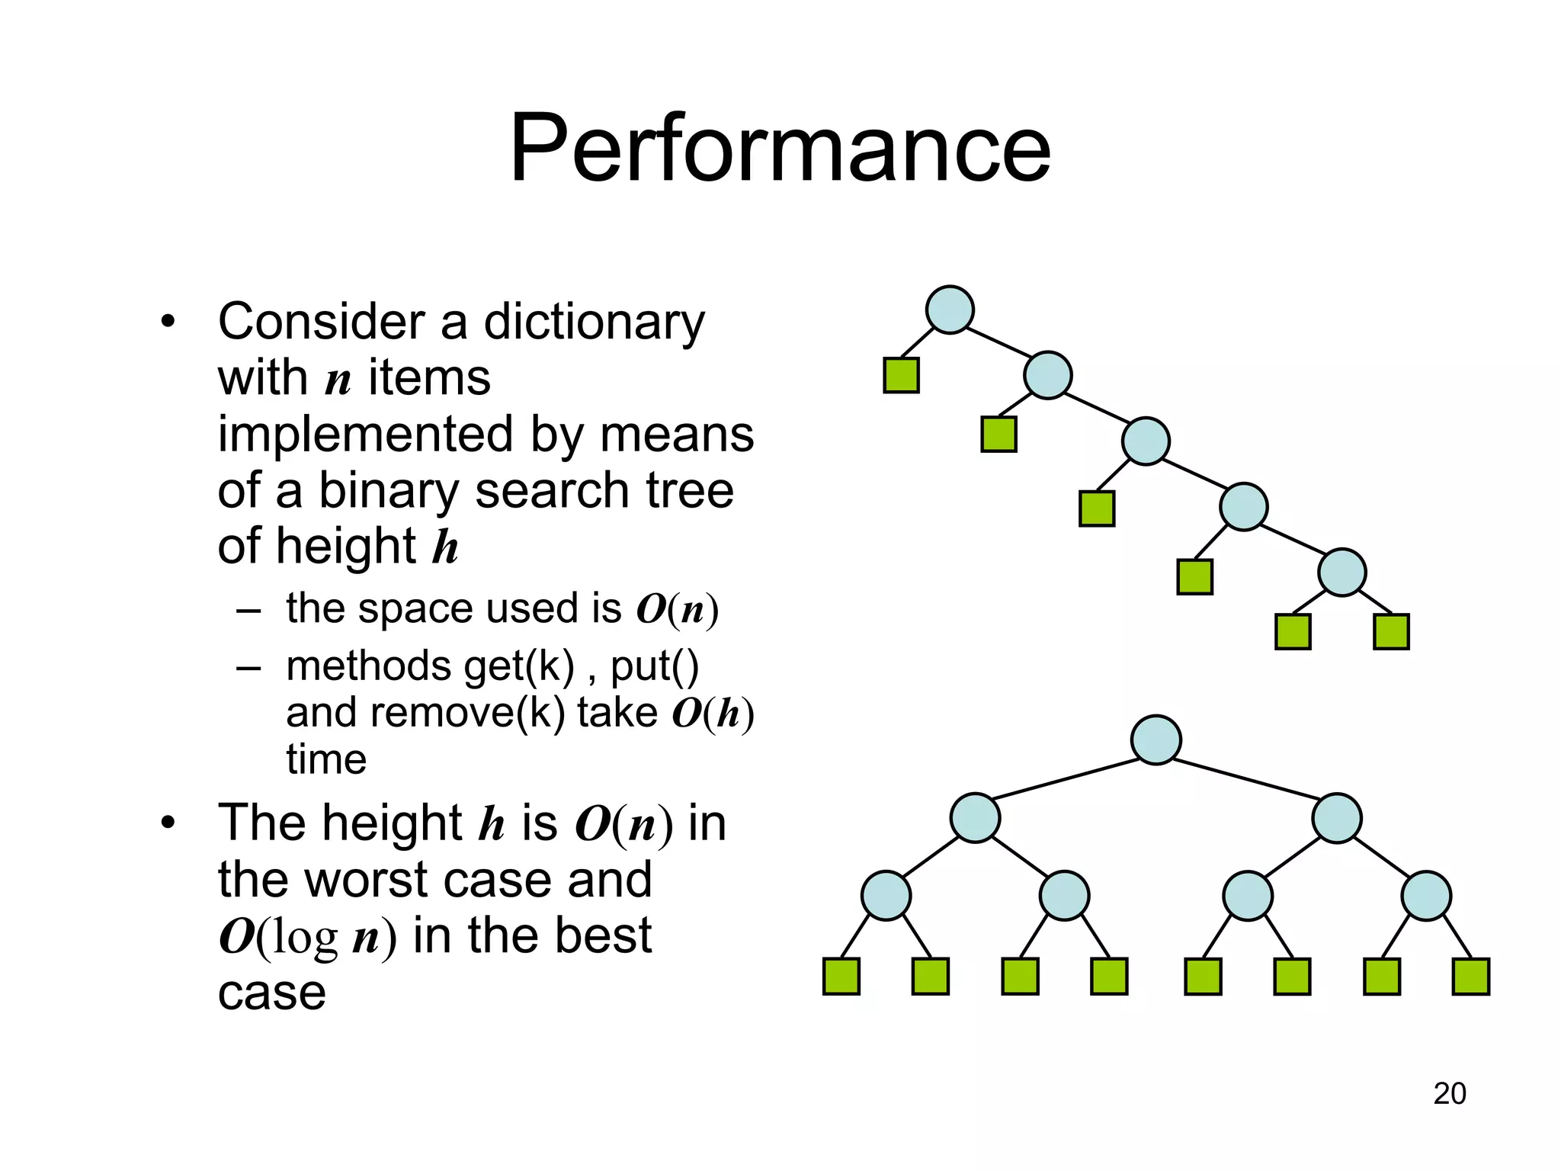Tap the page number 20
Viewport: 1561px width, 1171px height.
coord(1449,1093)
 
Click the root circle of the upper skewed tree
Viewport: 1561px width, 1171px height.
coord(949,310)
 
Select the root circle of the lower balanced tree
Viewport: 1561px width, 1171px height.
coord(1156,739)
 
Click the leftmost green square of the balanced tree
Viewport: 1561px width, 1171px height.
coord(841,977)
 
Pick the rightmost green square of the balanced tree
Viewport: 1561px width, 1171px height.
coord(1470,977)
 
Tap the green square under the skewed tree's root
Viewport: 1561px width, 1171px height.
coord(901,375)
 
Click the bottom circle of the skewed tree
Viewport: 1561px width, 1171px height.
coord(1341,572)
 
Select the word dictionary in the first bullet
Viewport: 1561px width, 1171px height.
coord(595,322)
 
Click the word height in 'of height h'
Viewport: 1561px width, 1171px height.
coord(346,546)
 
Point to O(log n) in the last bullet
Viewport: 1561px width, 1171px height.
coord(308,936)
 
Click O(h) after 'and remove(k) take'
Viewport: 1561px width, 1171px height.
coord(713,714)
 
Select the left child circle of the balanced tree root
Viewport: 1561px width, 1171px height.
coord(975,817)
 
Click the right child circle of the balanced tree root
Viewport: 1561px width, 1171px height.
coord(1336,817)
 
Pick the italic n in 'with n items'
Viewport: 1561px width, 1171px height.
coord(338,379)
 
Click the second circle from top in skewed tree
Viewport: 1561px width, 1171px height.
coord(1047,375)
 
